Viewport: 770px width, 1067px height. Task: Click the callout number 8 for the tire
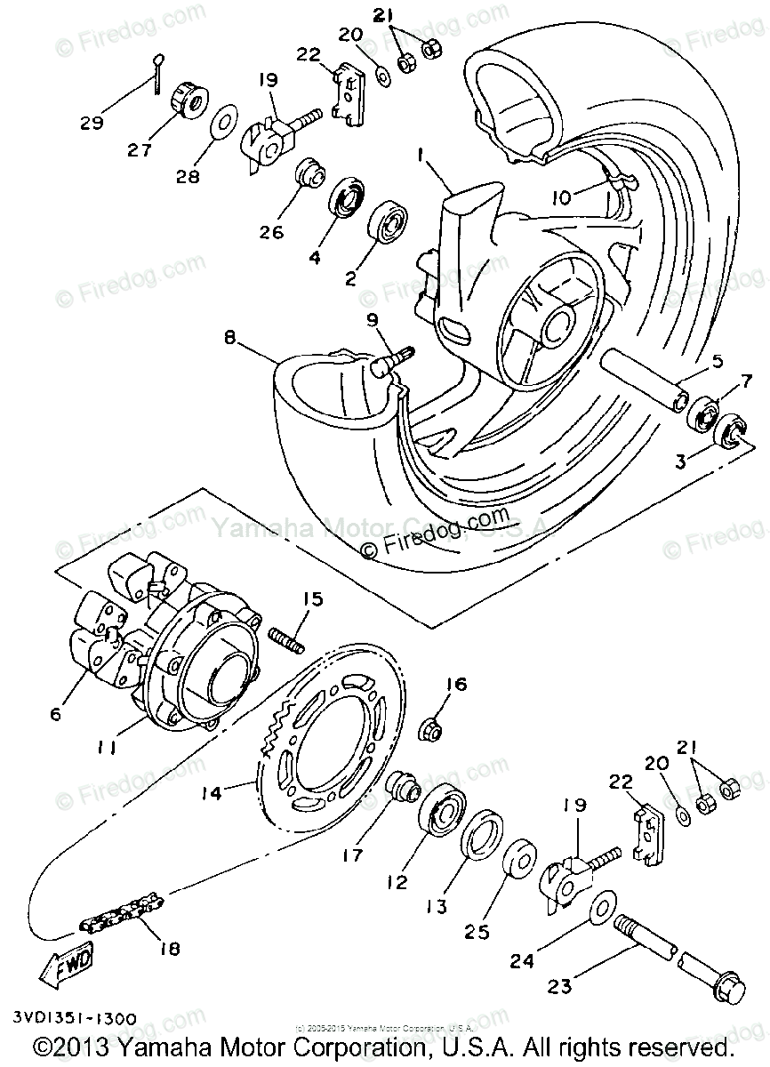tap(229, 338)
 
